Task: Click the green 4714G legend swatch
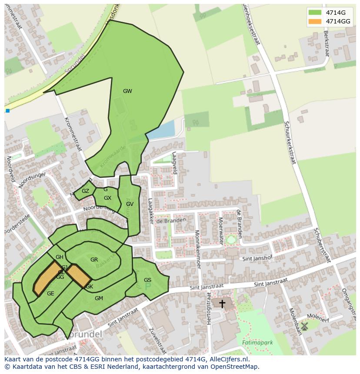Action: point(315,12)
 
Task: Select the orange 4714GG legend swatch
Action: point(315,21)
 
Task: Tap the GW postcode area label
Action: point(127,91)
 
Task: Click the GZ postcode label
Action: point(85,191)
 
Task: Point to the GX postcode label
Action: point(107,198)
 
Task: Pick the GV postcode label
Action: point(130,204)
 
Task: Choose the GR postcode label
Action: point(94,260)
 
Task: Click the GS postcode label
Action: point(147,280)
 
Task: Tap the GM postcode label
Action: point(99,298)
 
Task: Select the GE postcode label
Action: point(50,294)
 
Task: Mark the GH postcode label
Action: point(60,257)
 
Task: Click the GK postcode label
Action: point(89,287)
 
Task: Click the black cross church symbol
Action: point(222,304)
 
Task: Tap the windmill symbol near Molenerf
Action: point(304,325)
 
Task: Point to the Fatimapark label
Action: point(257,342)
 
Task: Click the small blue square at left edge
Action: point(7,111)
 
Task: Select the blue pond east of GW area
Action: point(161,129)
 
